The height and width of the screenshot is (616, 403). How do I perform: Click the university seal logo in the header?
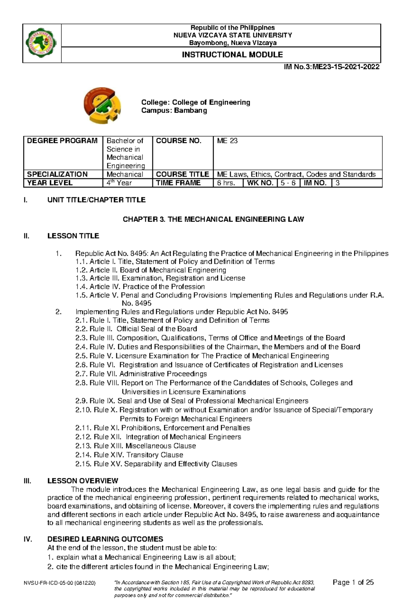[41, 43]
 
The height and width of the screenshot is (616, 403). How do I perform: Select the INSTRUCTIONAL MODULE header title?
[232, 55]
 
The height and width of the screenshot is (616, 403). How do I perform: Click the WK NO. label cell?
[260, 183]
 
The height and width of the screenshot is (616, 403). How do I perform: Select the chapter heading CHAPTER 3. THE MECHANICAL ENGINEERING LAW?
[213, 220]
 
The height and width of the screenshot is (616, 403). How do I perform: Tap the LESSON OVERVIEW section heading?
[83, 481]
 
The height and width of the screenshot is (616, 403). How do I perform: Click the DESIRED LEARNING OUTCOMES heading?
[105, 539]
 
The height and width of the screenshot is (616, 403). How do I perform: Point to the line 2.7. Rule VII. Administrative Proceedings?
[141, 374]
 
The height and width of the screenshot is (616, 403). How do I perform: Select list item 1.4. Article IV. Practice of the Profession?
[140, 287]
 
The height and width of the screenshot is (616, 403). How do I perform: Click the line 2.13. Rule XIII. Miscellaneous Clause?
[136, 446]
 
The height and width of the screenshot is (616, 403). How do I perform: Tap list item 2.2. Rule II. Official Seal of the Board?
[136, 329]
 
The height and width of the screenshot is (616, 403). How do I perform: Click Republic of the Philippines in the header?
[232, 28]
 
